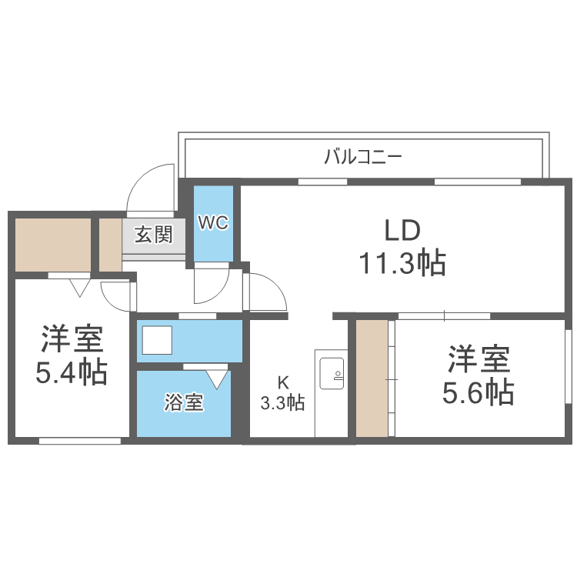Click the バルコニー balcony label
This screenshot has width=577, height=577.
pyautogui.click(x=362, y=158)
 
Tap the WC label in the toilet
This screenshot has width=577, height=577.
pyautogui.click(x=212, y=223)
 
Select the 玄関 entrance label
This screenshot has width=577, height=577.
pyautogui.click(x=154, y=235)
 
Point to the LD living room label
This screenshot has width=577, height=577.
pyautogui.click(x=402, y=230)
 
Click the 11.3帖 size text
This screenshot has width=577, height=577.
pyautogui.click(x=402, y=263)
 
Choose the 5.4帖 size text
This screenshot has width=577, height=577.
pyautogui.click(x=71, y=372)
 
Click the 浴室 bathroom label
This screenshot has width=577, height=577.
pyautogui.click(x=184, y=402)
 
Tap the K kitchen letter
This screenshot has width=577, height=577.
pyautogui.click(x=282, y=383)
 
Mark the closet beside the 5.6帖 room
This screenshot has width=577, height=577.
pyautogui.click(x=372, y=378)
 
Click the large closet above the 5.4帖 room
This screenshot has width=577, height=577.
pyautogui.click(x=52, y=244)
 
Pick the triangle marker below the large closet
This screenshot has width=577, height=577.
pyautogui.click(x=78, y=288)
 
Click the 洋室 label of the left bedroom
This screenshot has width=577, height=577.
pyautogui.click(x=71, y=339)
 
